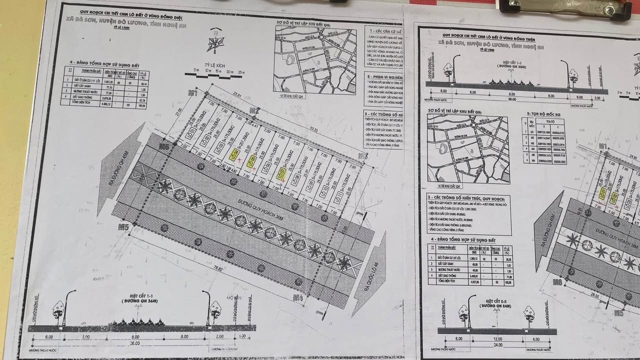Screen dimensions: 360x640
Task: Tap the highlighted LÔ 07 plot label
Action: pos(281,173)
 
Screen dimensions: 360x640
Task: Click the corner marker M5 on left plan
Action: pos(123,227)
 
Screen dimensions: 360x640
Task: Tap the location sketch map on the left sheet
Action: pos(314,60)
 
